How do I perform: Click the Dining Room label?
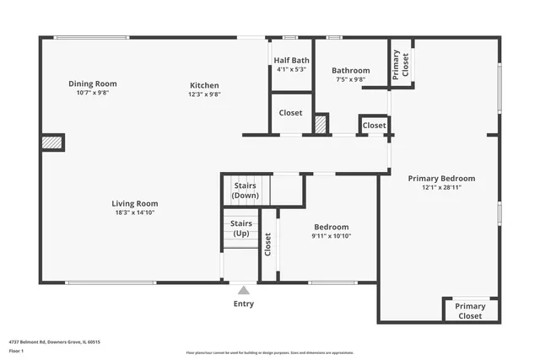pyautogui.click(x=93, y=83)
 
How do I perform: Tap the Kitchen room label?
pyautogui.click(x=204, y=85)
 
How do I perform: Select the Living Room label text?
pyautogui.click(x=135, y=203)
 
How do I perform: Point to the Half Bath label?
pyautogui.click(x=292, y=60)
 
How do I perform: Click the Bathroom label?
pyautogui.click(x=350, y=71)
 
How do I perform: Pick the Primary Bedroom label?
pyautogui.click(x=441, y=178)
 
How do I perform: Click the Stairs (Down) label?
pyautogui.click(x=245, y=191)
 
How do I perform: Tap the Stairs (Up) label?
pyautogui.click(x=241, y=228)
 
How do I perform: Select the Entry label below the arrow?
pyautogui.click(x=243, y=304)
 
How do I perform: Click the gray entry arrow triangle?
pyautogui.click(x=243, y=290)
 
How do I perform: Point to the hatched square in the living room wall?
pyautogui.click(x=53, y=142)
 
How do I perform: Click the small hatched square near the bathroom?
pyautogui.click(x=321, y=124)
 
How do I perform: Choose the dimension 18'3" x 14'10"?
pyautogui.click(x=135, y=212)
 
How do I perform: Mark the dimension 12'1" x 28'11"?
pyautogui.click(x=441, y=187)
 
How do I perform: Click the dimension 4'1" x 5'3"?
pyautogui.click(x=292, y=69)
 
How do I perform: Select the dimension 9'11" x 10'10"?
pyautogui.click(x=332, y=236)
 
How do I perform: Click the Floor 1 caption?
pyautogui.click(x=16, y=350)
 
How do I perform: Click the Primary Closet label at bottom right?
pyautogui.click(x=470, y=311)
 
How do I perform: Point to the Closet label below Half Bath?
pyautogui.click(x=291, y=112)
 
